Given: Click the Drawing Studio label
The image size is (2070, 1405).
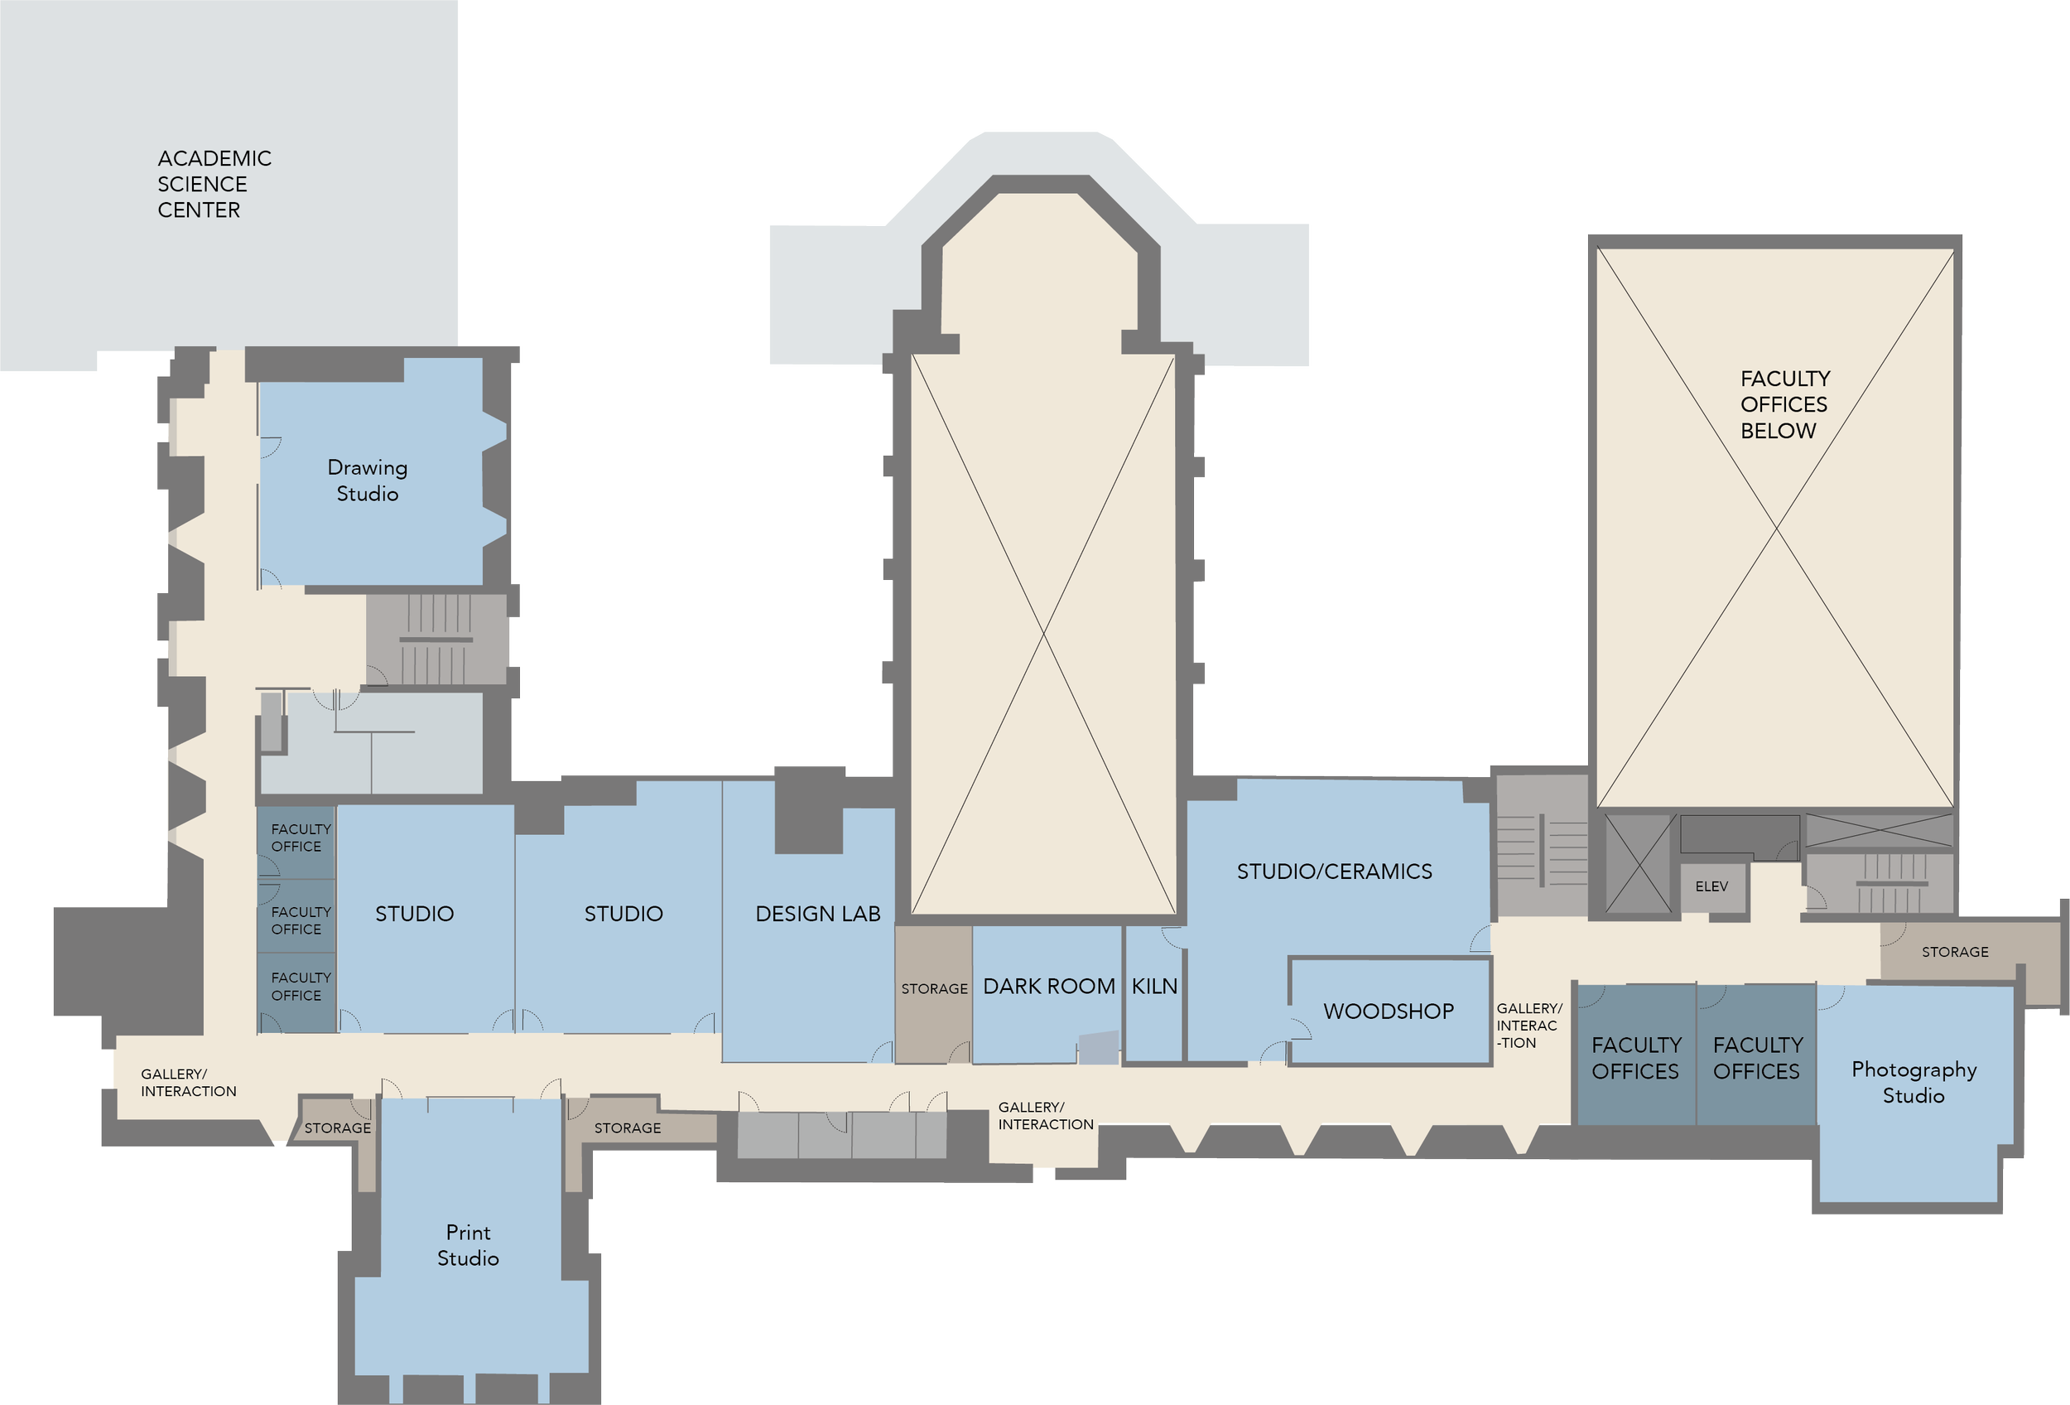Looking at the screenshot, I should [x=367, y=480].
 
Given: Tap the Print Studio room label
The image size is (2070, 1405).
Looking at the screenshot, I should [x=468, y=1244].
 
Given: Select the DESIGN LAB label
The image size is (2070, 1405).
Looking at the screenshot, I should [x=818, y=913].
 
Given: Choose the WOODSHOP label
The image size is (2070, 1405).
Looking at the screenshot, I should [x=1388, y=1012].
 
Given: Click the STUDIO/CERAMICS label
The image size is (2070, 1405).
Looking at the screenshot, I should [x=1334, y=871].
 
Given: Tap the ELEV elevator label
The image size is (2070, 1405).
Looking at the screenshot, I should [x=1711, y=886].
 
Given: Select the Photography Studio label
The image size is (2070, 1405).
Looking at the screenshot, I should [x=1914, y=1082].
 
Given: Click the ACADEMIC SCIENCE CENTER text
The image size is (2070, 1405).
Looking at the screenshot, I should [x=214, y=185].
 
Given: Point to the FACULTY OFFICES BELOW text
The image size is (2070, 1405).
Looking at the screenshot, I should [x=1784, y=404].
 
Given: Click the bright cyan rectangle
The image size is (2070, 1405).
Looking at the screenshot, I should [x=1395, y=518].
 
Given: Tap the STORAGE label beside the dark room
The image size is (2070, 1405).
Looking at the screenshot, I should [x=933, y=989].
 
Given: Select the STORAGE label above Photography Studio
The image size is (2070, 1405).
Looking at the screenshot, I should [x=1954, y=953].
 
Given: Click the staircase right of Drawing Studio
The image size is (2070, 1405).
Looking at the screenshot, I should [x=436, y=640].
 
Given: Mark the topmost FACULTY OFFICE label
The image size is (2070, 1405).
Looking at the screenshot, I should [x=301, y=838].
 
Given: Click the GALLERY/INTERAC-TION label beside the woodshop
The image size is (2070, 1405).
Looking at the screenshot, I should [x=1528, y=1026].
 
